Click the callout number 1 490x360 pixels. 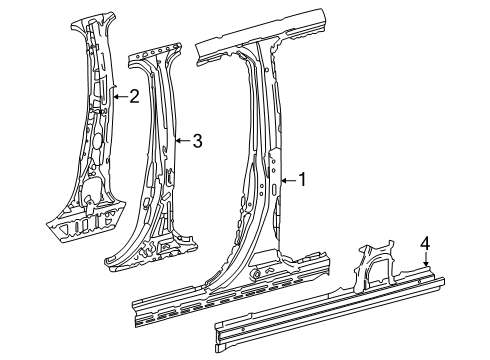point(302,180)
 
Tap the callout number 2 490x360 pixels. point(134,96)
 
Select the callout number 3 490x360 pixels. point(198,141)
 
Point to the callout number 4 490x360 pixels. point(425,243)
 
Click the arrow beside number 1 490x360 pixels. point(288,180)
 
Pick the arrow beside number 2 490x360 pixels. point(120,97)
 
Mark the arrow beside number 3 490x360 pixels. point(183,141)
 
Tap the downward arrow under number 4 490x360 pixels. point(426,259)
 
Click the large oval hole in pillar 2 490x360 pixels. point(97,140)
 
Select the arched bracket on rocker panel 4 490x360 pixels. point(375,265)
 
